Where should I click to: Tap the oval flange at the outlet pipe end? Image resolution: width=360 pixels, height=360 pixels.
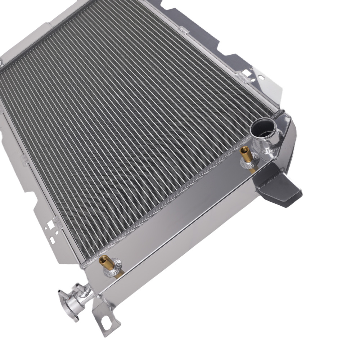(x=65, y=300)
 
